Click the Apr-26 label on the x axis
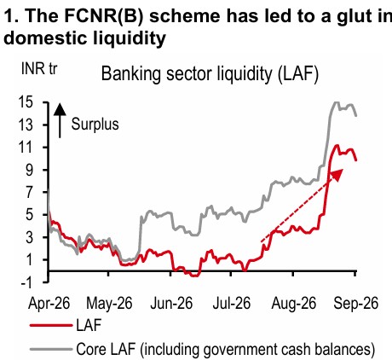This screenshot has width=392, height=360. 49,304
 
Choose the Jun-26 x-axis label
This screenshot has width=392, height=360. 171,304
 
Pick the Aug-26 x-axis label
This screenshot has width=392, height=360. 294,304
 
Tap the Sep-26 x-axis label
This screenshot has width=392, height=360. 356,304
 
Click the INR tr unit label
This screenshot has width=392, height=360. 39,69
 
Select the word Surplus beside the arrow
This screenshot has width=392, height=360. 95,125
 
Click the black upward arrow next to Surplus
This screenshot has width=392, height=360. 60,121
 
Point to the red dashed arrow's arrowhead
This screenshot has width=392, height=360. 337,174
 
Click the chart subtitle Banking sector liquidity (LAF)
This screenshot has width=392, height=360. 210,74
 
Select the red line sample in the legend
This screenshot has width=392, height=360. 51,325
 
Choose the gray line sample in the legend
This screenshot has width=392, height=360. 51,349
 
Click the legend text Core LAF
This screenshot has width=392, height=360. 106,349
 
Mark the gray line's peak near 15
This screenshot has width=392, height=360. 336,102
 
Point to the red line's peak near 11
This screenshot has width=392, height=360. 337,145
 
